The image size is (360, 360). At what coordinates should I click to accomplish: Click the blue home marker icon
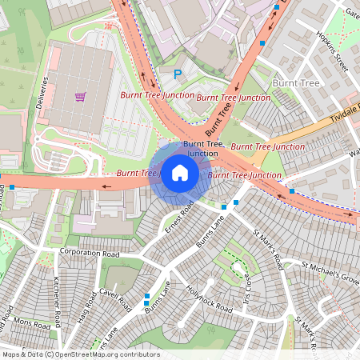click(x=180, y=172)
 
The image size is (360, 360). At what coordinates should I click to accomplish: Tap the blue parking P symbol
click(x=178, y=74)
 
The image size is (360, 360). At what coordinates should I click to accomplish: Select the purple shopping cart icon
click(x=80, y=97)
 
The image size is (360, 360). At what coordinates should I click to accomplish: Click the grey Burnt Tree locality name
click(x=296, y=82)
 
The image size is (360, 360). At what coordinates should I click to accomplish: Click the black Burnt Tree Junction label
click(x=201, y=148)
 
